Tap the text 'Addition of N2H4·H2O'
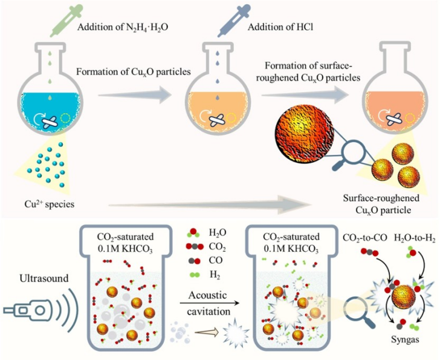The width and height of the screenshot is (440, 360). pyautogui.click(x=123, y=27)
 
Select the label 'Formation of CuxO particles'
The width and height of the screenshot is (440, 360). pyautogui.click(x=134, y=72)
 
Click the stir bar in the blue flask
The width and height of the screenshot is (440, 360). pyautogui.click(x=50, y=122)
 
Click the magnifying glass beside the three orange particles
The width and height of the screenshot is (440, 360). pyautogui.click(x=349, y=154)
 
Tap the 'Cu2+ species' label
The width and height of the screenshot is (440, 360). pyautogui.click(x=50, y=204)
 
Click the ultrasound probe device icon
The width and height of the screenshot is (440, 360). pyautogui.click(x=27, y=310)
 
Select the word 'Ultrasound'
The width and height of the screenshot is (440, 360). pyautogui.click(x=44, y=278)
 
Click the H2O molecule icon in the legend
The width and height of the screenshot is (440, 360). pyautogui.click(x=193, y=233)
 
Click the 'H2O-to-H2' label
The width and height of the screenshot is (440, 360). pyautogui.click(x=415, y=238)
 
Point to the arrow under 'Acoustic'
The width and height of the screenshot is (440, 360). pyautogui.click(x=209, y=303)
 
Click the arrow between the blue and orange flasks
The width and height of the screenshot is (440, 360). pyautogui.click(x=135, y=95)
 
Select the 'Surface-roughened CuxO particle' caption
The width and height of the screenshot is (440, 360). pyautogui.click(x=381, y=204)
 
